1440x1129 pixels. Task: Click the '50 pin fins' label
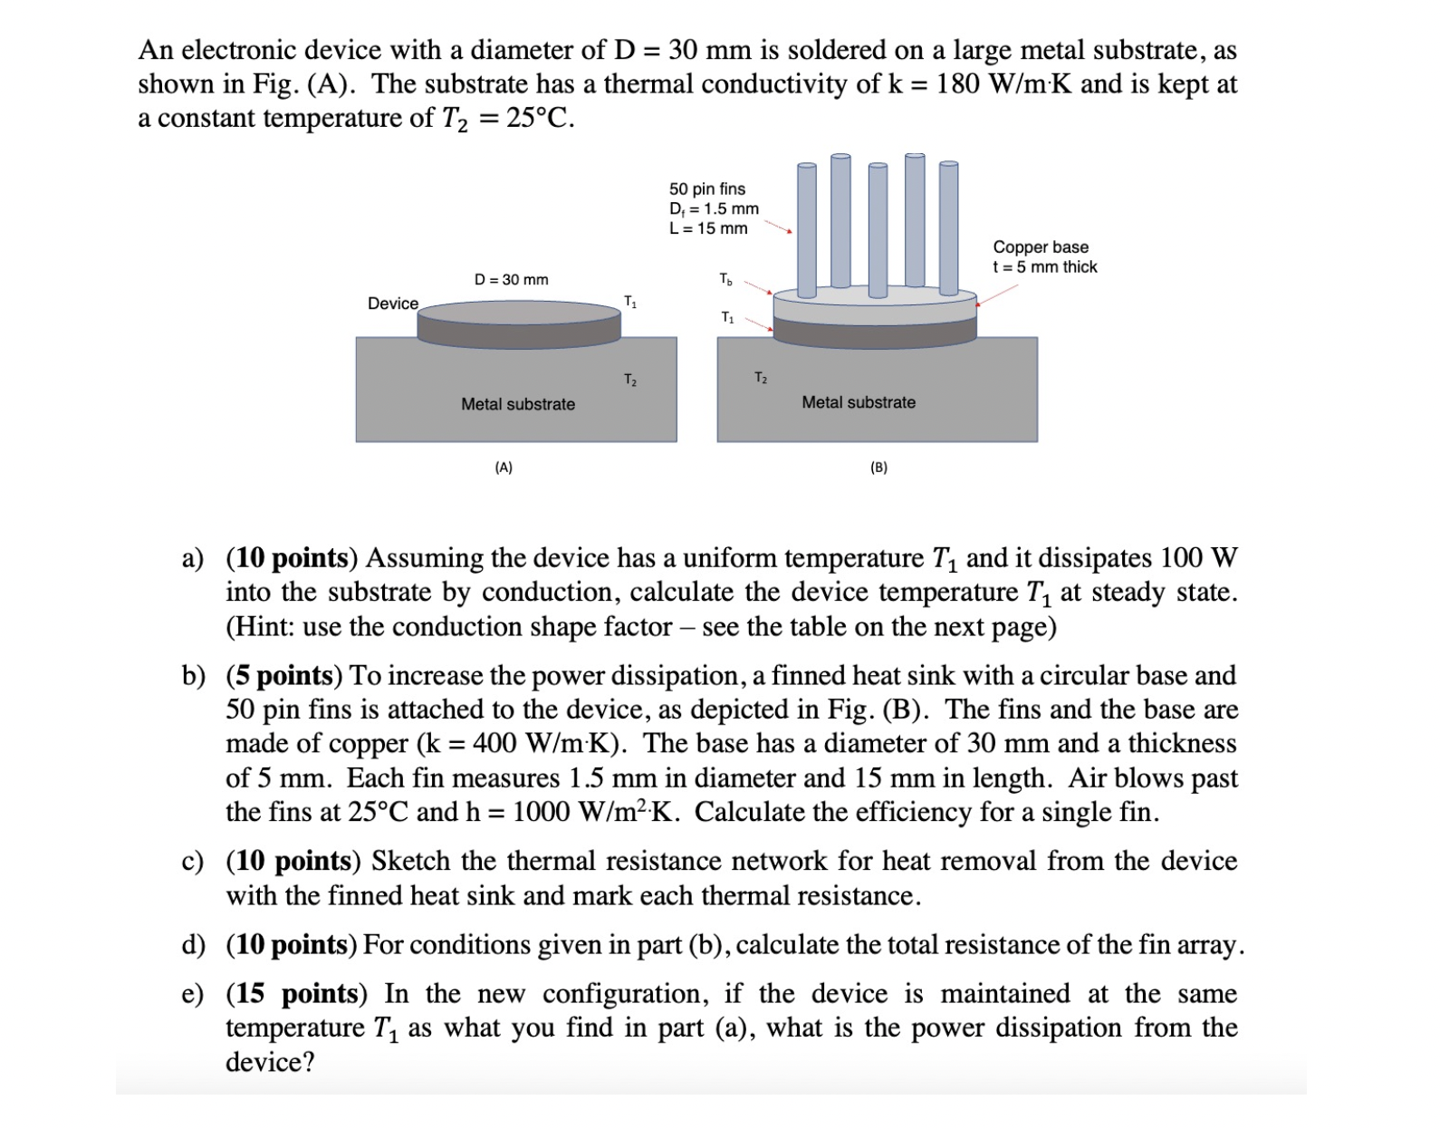[x=706, y=188]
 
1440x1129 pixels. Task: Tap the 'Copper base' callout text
[x=1040, y=246]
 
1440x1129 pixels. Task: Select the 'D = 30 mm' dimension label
[x=511, y=279]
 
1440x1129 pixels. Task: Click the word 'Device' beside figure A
[x=392, y=304]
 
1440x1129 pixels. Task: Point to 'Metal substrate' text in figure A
[x=517, y=404]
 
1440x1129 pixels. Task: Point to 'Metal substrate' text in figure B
[x=858, y=402]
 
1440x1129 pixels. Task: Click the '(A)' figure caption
[x=504, y=468]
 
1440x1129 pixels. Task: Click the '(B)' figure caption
[x=878, y=468]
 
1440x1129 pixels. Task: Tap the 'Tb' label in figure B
[x=725, y=279]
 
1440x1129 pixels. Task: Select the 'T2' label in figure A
[x=630, y=380]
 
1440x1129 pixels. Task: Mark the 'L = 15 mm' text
[x=707, y=228]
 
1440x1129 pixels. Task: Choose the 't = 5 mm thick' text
[x=1044, y=266]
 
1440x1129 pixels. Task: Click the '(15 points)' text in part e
[x=296, y=993]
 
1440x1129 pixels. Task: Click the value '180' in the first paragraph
[x=957, y=83]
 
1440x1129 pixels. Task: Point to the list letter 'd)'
[x=193, y=944]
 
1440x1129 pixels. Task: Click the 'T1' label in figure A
[x=630, y=302]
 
